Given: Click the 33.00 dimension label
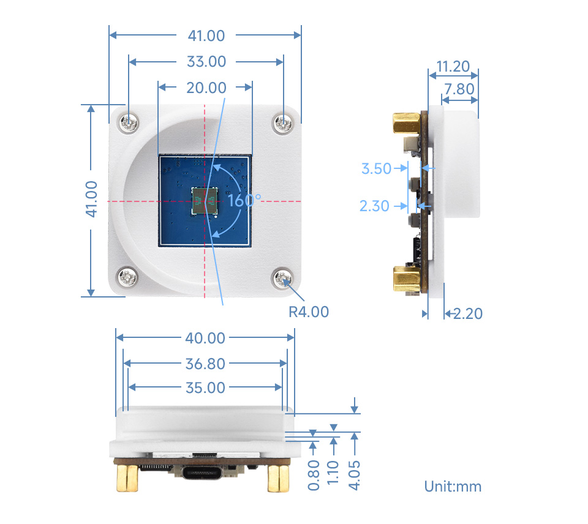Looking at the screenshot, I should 206,62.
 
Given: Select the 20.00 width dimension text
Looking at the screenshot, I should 206,88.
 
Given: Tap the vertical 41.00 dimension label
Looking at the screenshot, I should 91,199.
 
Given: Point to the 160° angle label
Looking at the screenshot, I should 244,200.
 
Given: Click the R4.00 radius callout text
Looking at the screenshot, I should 308,312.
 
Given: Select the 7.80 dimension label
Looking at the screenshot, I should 459,89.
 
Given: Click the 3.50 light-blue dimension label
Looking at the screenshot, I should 376,168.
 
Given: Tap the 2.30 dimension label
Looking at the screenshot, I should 374,206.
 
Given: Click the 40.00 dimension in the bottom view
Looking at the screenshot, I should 205,338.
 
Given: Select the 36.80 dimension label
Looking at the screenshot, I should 205,364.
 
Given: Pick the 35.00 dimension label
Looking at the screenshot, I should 205,387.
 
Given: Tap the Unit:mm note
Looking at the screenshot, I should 453,487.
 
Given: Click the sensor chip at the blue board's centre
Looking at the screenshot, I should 205,200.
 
